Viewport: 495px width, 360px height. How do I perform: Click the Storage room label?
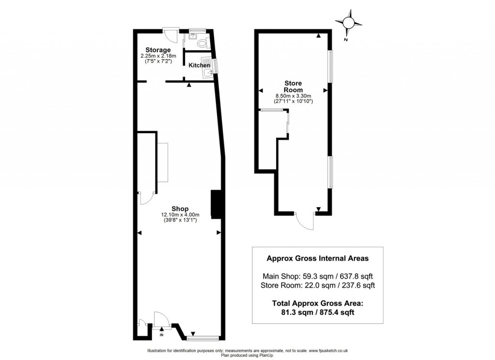click(158, 50)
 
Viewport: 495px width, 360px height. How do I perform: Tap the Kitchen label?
click(199, 65)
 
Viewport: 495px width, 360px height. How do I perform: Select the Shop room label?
click(180, 209)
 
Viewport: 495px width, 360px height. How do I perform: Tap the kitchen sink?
click(208, 73)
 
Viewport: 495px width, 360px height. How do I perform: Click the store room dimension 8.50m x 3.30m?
click(293, 96)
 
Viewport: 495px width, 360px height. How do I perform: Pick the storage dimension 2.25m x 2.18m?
click(159, 56)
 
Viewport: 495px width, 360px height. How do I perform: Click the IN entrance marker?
click(161, 334)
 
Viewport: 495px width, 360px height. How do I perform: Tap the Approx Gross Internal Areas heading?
click(318, 258)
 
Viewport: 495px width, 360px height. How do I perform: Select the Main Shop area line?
click(318, 276)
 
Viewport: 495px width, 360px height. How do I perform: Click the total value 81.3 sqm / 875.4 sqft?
click(318, 312)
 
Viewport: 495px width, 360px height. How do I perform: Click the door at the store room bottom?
click(305, 221)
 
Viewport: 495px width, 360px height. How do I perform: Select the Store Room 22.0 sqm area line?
click(318, 285)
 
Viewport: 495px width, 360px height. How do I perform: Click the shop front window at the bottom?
click(203, 339)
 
